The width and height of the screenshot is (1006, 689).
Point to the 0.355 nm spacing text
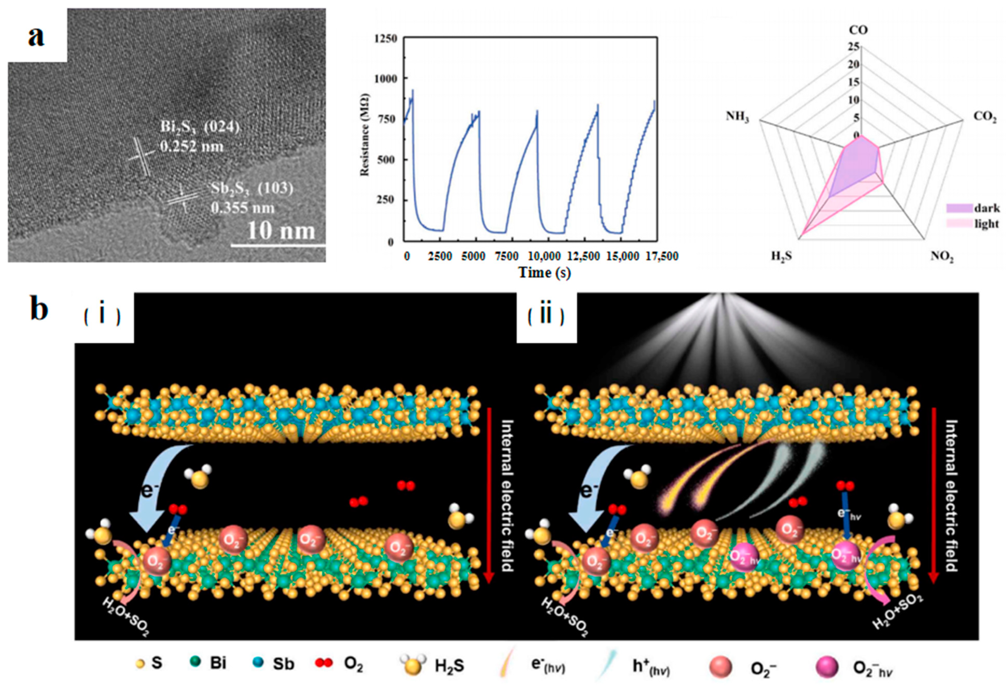242,208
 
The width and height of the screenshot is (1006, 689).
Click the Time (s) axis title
544,272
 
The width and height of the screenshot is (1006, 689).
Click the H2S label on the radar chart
781,256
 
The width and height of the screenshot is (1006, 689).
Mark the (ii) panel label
545,316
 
